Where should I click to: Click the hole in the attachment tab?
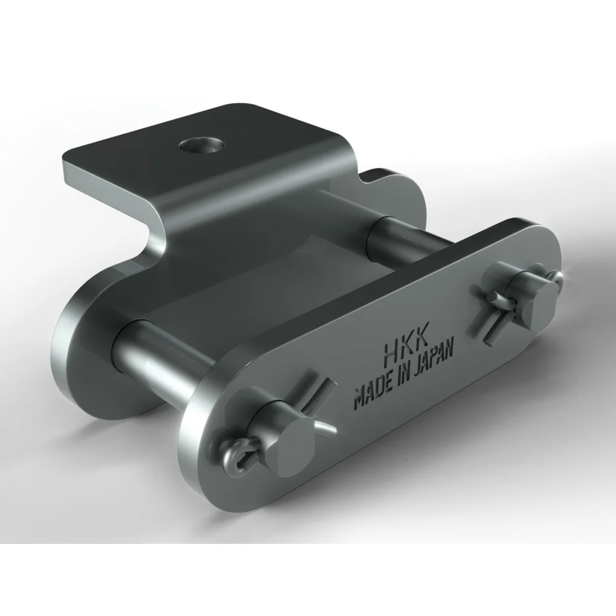tap(202, 145)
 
